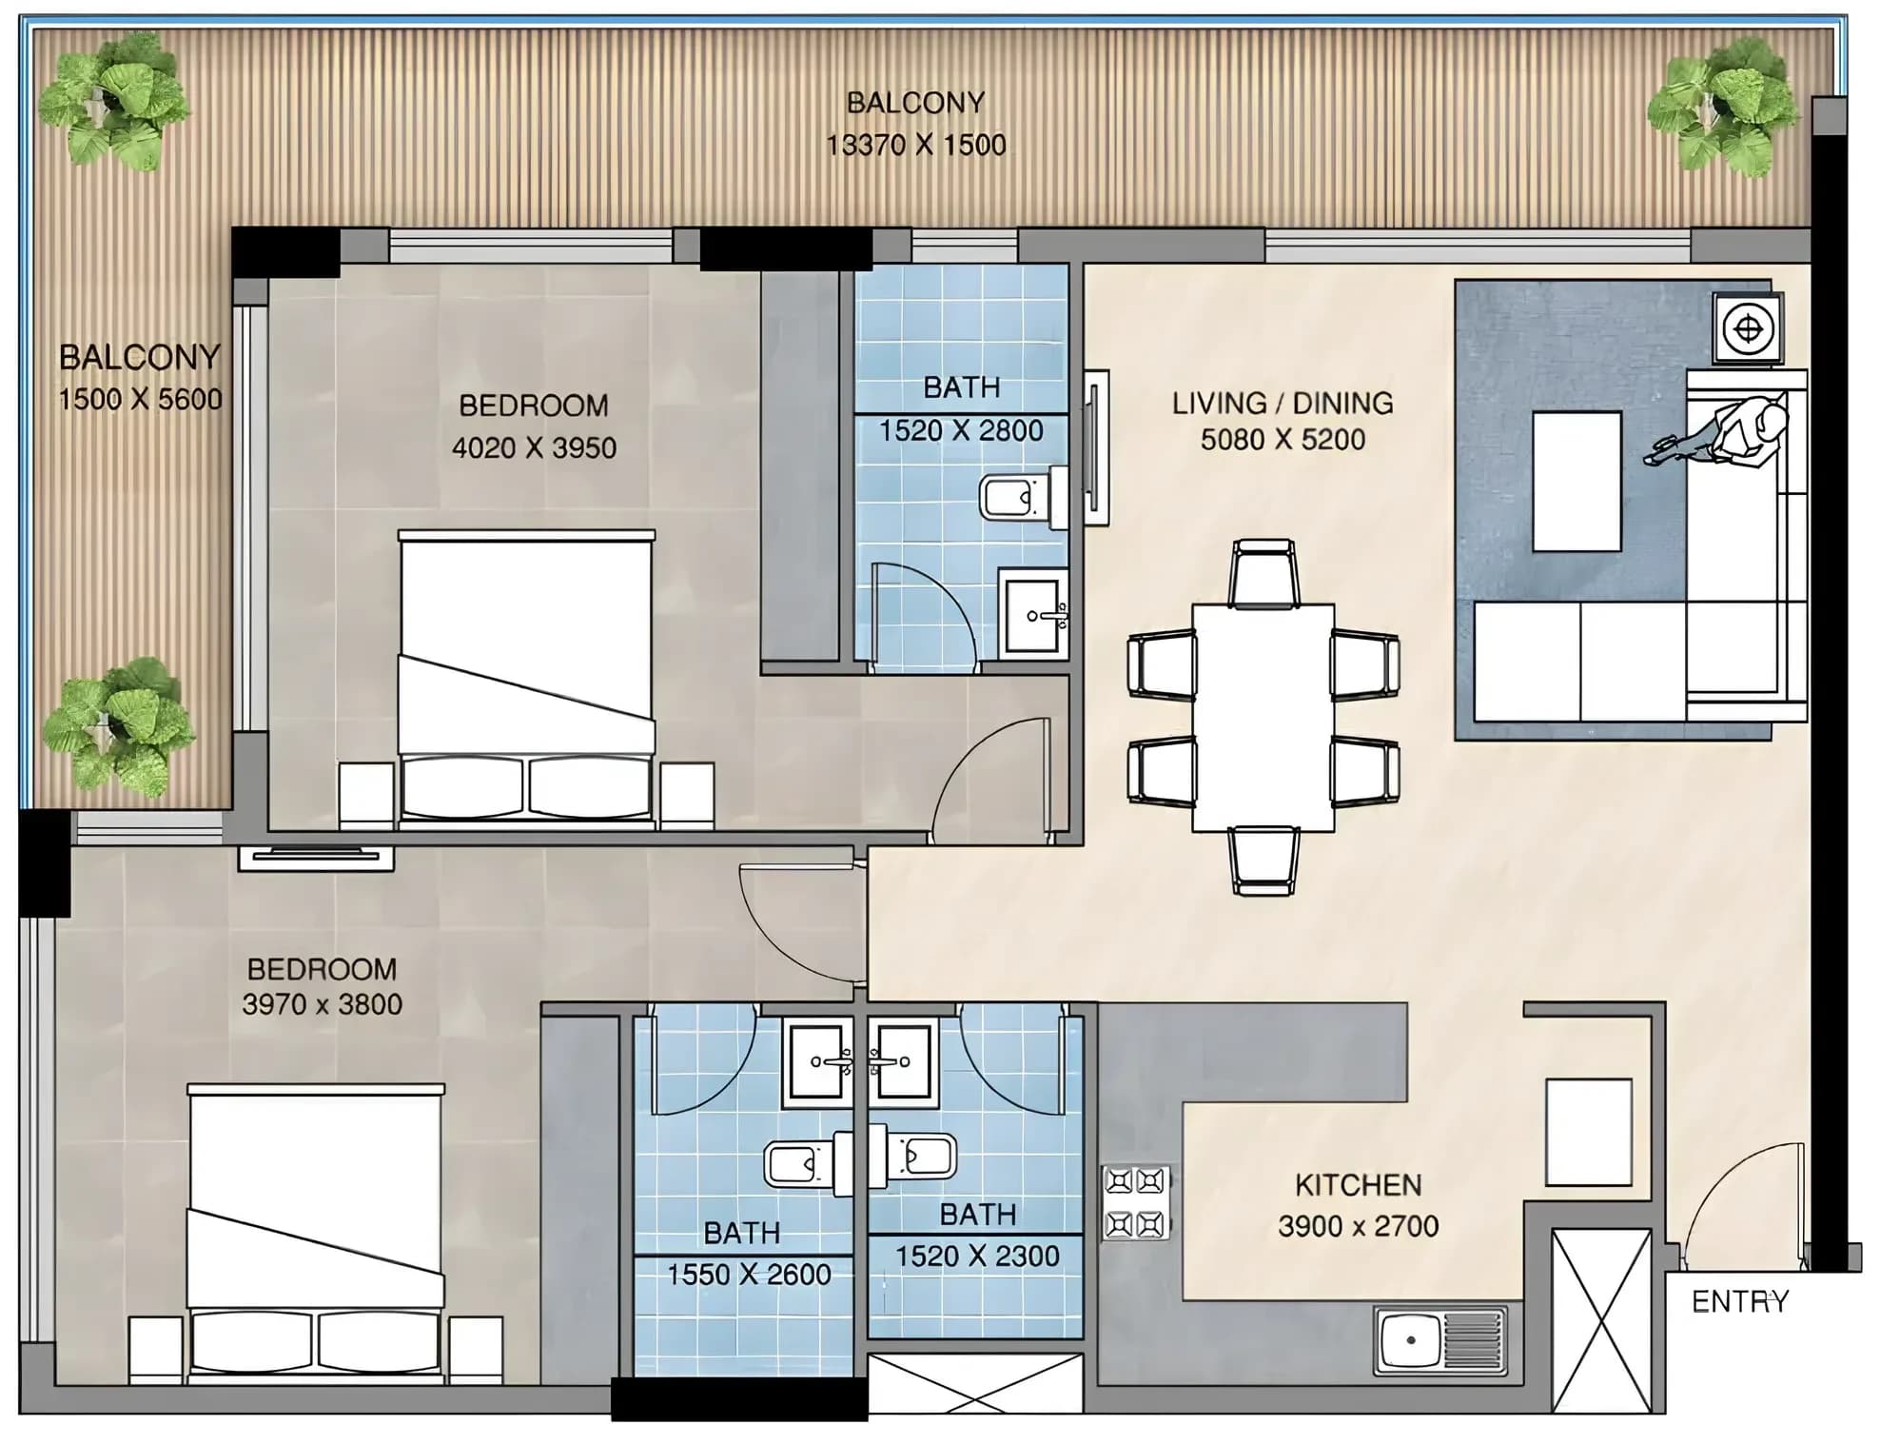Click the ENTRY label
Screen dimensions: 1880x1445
click(1740, 1301)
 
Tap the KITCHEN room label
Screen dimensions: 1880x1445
click(1358, 1185)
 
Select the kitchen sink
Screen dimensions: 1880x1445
click(1439, 1340)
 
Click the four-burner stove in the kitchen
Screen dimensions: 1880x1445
click(1136, 1202)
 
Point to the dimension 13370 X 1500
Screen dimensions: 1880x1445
click(915, 145)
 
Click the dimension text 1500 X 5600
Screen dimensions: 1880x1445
click(140, 399)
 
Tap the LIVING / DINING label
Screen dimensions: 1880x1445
click(1283, 403)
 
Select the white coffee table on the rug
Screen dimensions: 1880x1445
click(1576, 481)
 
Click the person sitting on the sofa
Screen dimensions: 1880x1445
click(1723, 432)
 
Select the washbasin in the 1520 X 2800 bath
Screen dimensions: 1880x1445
click(1033, 614)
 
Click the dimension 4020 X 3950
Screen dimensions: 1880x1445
click(534, 447)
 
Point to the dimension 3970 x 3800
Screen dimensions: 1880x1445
click(322, 1004)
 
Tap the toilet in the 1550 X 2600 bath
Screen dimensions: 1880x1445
click(809, 1162)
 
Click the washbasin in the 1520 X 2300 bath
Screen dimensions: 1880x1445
click(900, 1061)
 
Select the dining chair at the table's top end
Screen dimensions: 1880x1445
click(1263, 573)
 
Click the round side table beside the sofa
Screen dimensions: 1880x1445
click(1748, 328)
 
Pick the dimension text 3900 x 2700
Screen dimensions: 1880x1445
click(1358, 1226)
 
